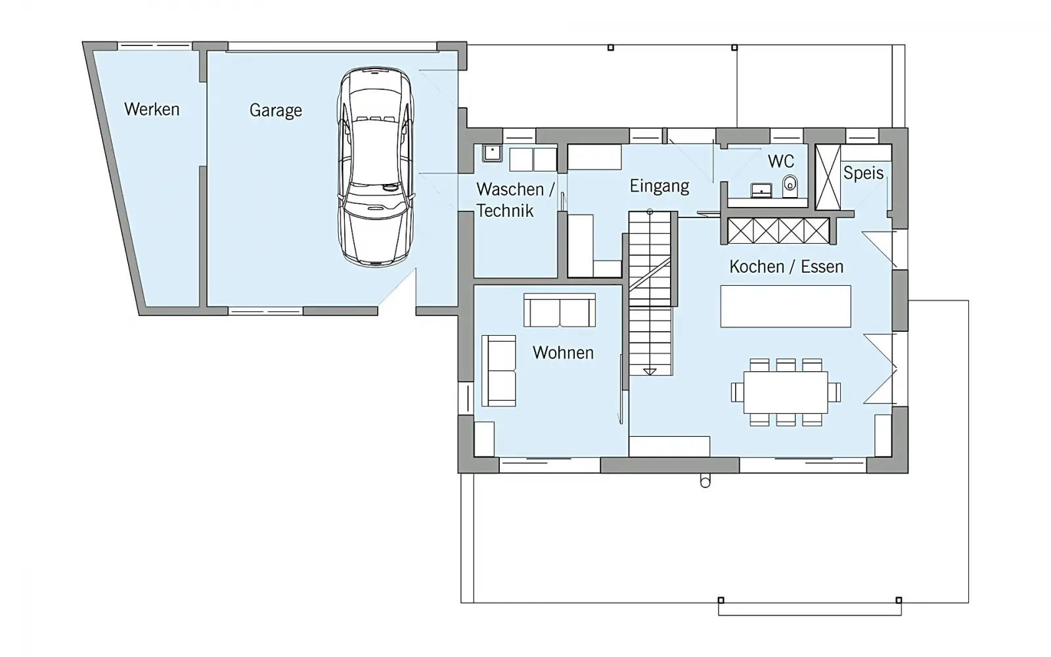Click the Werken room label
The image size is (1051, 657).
pyautogui.click(x=152, y=109)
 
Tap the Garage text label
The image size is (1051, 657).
pyautogui.click(x=275, y=110)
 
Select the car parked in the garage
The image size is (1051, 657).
pyautogui.click(x=376, y=167)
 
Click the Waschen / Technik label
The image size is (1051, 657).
pyautogui.click(x=515, y=200)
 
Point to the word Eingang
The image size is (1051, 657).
pyautogui.click(x=660, y=186)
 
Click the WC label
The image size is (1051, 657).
pyautogui.click(x=781, y=161)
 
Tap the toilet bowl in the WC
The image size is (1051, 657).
pyautogui.click(x=790, y=187)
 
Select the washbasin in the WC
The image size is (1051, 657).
pyautogui.click(x=761, y=190)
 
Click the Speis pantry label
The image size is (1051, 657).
pyautogui.click(x=863, y=173)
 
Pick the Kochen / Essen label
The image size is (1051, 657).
pyautogui.click(x=786, y=267)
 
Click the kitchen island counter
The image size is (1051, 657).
pyautogui.click(x=786, y=306)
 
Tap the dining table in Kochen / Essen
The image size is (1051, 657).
pyautogui.click(x=786, y=392)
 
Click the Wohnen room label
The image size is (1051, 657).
pyautogui.click(x=563, y=352)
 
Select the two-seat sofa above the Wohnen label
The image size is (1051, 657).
pyautogui.click(x=560, y=310)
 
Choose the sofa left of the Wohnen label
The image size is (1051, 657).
pyautogui.click(x=499, y=371)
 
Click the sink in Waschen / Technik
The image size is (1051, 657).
pyautogui.click(x=492, y=154)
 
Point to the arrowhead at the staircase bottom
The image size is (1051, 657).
pyautogui.click(x=650, y=372)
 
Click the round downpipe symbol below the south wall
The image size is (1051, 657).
pyautogui.click(x=705, y=481)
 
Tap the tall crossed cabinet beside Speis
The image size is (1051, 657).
pyautogui.click(x=828, y=177)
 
